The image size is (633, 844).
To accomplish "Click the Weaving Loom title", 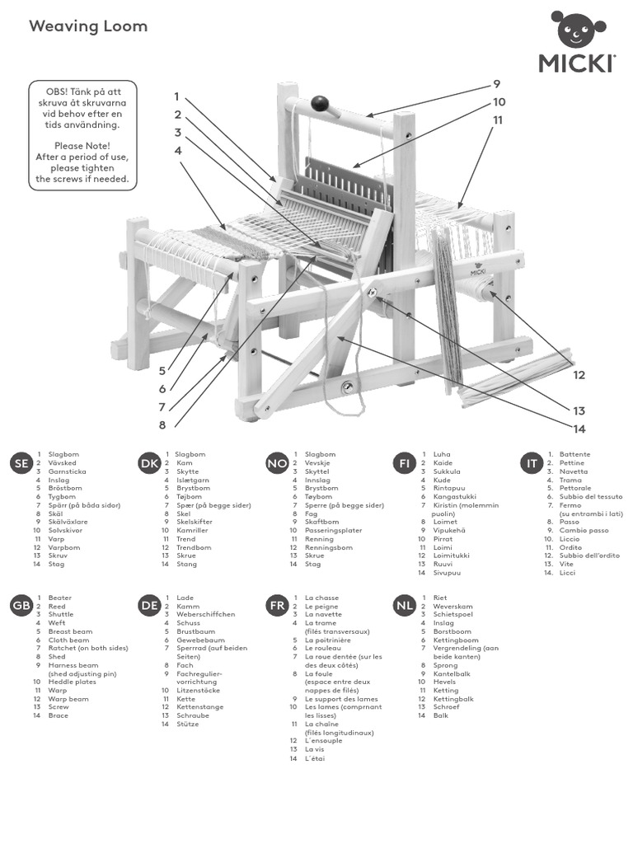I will [88, 26].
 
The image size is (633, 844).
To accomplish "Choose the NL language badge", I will [404, 607].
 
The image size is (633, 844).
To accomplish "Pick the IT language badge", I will [532, 464].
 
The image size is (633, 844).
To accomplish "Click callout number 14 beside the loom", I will [579, 428].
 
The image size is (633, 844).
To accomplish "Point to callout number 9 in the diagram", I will [497, 84].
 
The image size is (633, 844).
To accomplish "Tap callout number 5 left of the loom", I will [162, 371].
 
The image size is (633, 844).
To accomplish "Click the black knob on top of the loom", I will [321, 104].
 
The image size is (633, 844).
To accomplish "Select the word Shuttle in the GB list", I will [61, 615].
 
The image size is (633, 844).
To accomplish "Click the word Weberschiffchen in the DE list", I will [206, 615].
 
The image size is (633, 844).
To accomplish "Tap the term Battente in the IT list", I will [574, 454].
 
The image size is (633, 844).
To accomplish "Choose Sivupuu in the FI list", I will [447, 573].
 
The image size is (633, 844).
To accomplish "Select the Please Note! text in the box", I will [82, 146].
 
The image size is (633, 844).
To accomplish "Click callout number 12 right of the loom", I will [579, 375].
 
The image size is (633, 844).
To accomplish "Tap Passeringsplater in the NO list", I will [333, 530].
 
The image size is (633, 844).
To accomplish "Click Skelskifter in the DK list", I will [195, 522].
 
